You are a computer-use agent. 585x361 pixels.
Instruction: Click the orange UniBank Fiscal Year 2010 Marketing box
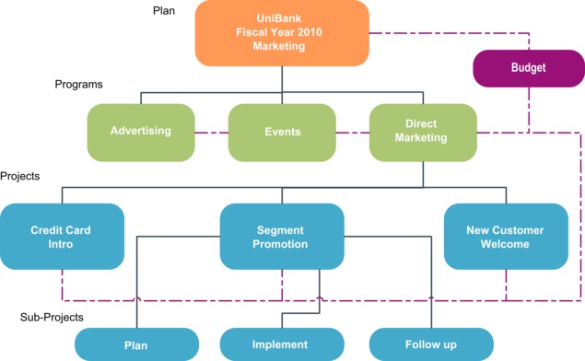point(281,32)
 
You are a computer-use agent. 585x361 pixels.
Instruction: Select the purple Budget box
point(528,68)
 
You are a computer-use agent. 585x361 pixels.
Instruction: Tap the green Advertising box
point(141,131)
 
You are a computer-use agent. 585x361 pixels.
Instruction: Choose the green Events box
point(282,132)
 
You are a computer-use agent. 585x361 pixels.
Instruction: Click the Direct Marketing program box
point(422,131)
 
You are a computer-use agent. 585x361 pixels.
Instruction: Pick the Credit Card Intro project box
point(61,237)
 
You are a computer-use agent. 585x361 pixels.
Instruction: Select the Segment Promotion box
point(282,237)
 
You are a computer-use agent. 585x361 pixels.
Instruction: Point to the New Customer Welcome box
point(505,237)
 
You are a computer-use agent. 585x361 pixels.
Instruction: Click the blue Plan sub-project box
point(136,344)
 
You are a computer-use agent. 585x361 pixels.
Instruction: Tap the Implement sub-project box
point(280,344)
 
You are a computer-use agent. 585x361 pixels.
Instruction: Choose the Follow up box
point(430,344)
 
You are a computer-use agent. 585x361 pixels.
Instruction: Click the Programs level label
point(79,84)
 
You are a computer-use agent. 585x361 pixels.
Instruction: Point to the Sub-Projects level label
point(52,317)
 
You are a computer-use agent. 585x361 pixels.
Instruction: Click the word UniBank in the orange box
point(280,18)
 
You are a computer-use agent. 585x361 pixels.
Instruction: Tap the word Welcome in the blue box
point(505,244)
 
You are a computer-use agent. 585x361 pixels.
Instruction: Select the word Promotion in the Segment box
point(282,244)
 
